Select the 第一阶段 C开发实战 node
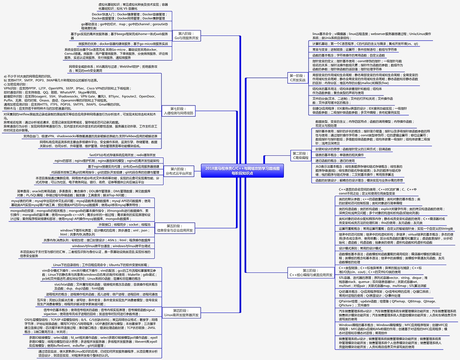(298, 77)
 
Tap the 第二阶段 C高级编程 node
(300, 155)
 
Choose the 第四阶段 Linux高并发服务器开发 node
(181, 313)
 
